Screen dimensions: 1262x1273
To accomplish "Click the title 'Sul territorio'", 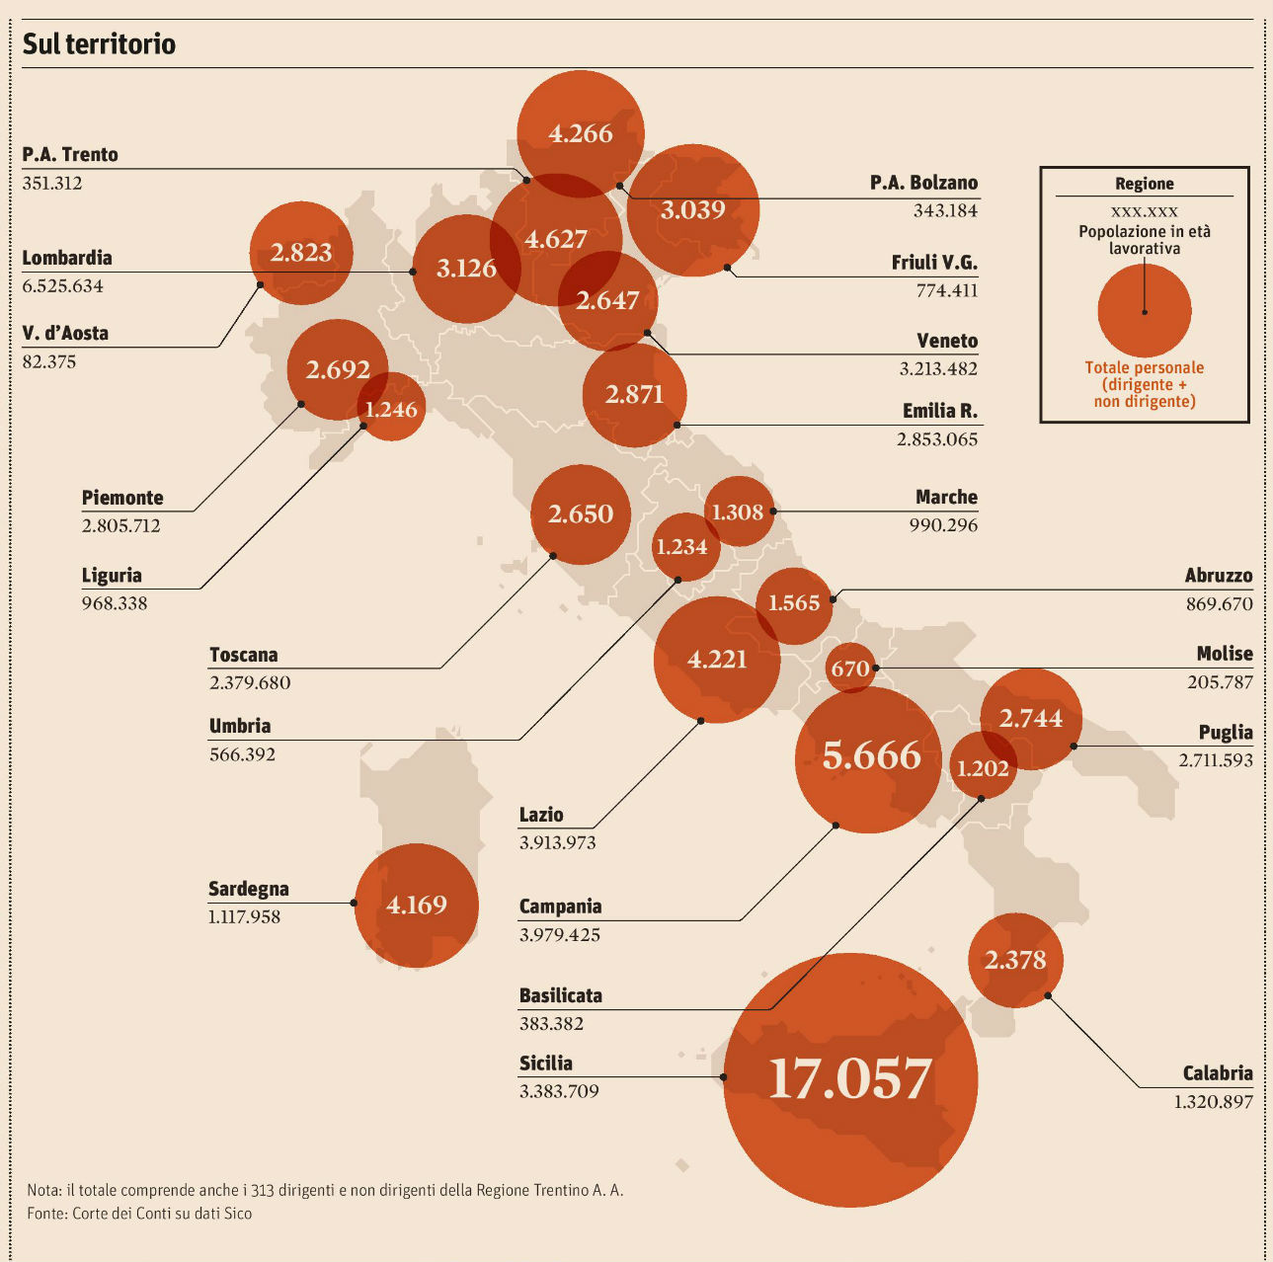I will [99, 44].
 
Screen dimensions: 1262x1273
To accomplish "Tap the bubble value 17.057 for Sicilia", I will [850, 1078].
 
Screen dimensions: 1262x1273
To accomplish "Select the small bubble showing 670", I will [850, 670].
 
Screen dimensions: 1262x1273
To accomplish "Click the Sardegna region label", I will [248, 889].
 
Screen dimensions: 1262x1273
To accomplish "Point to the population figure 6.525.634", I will [62, 286].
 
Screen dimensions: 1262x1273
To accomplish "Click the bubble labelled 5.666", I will [870, 756].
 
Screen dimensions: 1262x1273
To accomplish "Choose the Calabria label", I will [1217, 1073].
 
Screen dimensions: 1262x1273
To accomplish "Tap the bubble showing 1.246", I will [392, 409].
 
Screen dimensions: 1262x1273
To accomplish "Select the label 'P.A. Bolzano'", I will [923, 183].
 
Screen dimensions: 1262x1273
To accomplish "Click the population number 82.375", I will [48, 361].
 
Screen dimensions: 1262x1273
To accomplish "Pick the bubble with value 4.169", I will [417, 905].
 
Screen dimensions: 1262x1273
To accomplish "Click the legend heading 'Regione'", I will [1144, 184].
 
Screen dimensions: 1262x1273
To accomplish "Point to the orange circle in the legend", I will [1144, 311].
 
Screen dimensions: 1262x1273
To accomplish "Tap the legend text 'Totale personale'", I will [1144, 367].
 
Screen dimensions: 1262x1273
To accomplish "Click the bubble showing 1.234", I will [682, 546].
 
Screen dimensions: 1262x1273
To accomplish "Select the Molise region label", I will [1224, 654].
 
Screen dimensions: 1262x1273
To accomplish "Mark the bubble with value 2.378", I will [1015, 960].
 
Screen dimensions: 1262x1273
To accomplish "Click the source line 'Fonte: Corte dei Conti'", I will [139, 1214].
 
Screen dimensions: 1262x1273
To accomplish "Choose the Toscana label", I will [243, 655].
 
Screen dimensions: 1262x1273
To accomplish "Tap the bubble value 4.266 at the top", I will [581, 133].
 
